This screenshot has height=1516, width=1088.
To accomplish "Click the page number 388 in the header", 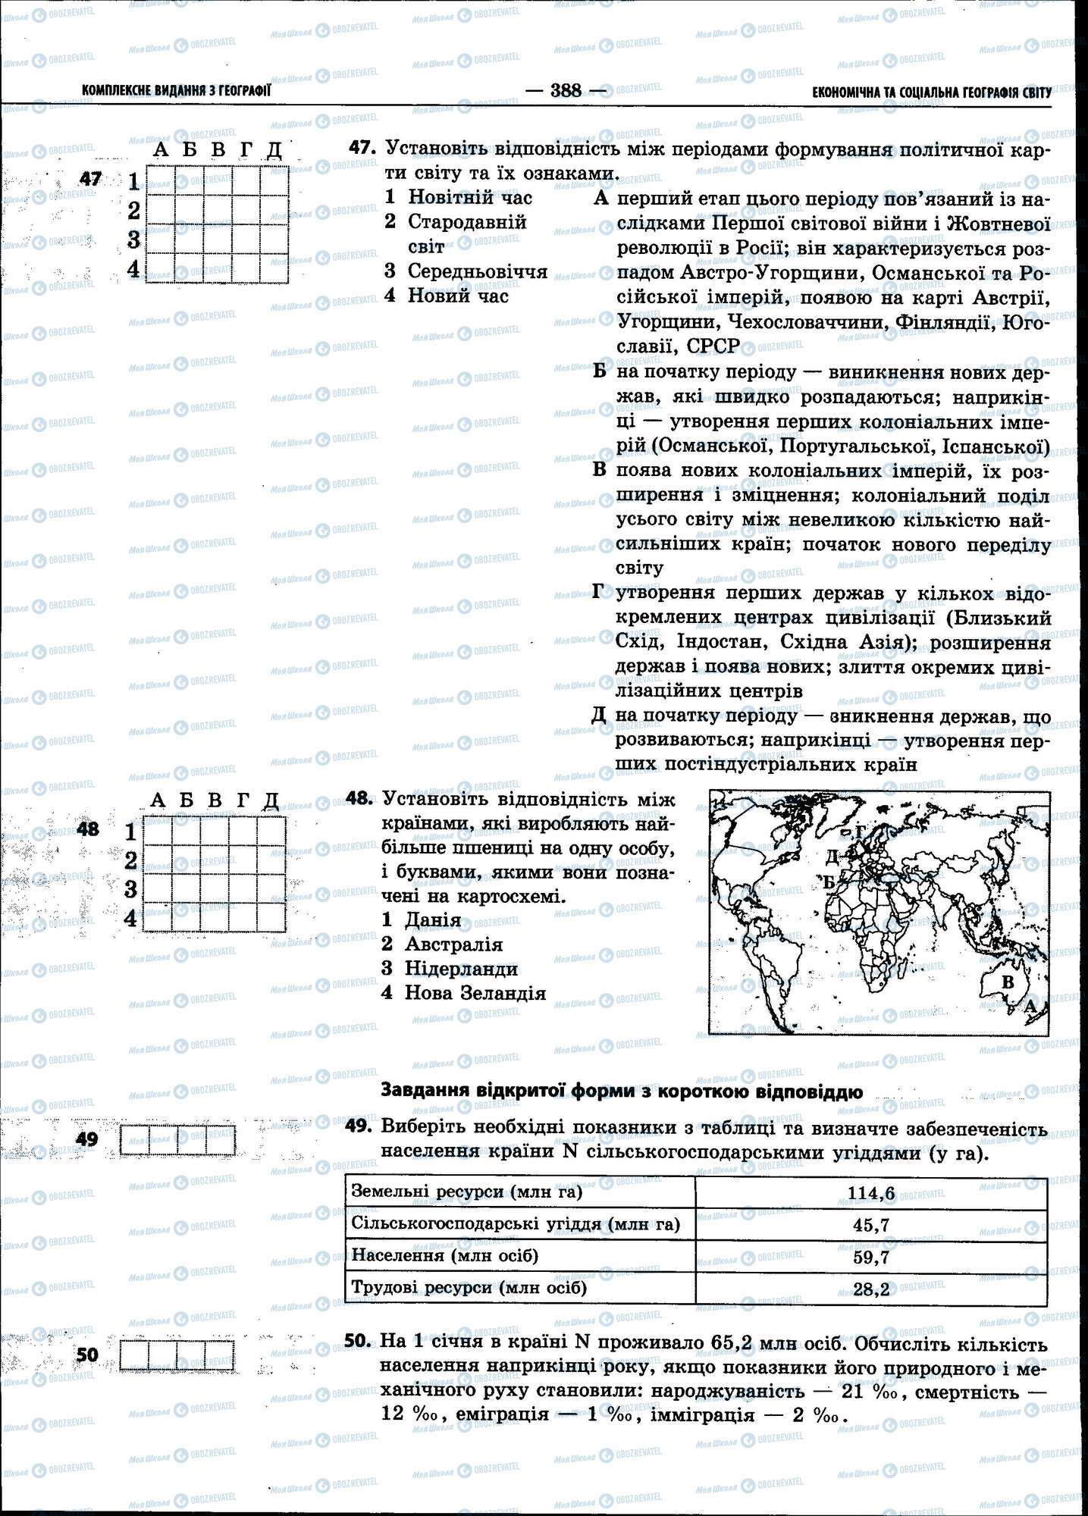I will point(566,91).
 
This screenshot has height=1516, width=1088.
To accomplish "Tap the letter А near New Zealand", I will point(1030,1007).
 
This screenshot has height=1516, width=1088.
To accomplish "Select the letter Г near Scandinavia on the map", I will point(859,832).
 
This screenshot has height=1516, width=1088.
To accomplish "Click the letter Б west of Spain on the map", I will point(829,882).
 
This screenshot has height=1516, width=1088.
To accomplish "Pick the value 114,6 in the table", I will point(870,1194).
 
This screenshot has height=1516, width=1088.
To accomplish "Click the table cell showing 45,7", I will point(870,1225).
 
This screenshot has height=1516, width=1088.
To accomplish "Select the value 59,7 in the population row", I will point(870,1257).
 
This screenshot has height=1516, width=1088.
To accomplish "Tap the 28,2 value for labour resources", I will point(870,1289).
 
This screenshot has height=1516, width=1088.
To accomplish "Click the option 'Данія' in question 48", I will point(432,919).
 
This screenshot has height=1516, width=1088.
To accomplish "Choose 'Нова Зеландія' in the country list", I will point(475,992).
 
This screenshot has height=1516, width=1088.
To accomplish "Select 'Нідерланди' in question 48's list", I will point(461,968).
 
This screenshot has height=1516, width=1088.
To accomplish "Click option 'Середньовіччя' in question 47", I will point(477,271).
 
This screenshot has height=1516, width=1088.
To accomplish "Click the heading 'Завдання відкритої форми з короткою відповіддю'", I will point(621,1092).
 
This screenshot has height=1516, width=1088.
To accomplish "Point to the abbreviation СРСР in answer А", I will point(712,346).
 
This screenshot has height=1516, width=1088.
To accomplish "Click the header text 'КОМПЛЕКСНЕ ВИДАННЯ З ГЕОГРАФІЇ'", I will point(176,92).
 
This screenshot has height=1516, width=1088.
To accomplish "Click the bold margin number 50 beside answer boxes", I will point(88,1354).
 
